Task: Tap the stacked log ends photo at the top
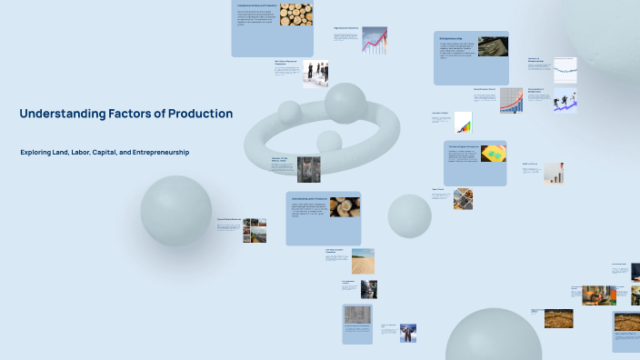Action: (x=295, y=15)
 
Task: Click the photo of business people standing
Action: (x=315, y=73)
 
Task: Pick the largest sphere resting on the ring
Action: (x=345, y=103)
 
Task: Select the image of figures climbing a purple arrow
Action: (x=565, y=101)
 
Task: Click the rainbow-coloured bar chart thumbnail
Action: (x=463, y=123)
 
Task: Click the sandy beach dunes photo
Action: (x=362, y=261)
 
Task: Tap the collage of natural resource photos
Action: (x=255, y=230)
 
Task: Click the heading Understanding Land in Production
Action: (x=308, y=198)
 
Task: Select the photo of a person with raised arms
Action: (x=408, y=333)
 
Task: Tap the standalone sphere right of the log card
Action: (x=409, y=215)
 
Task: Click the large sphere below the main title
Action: (x=175, y=211)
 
